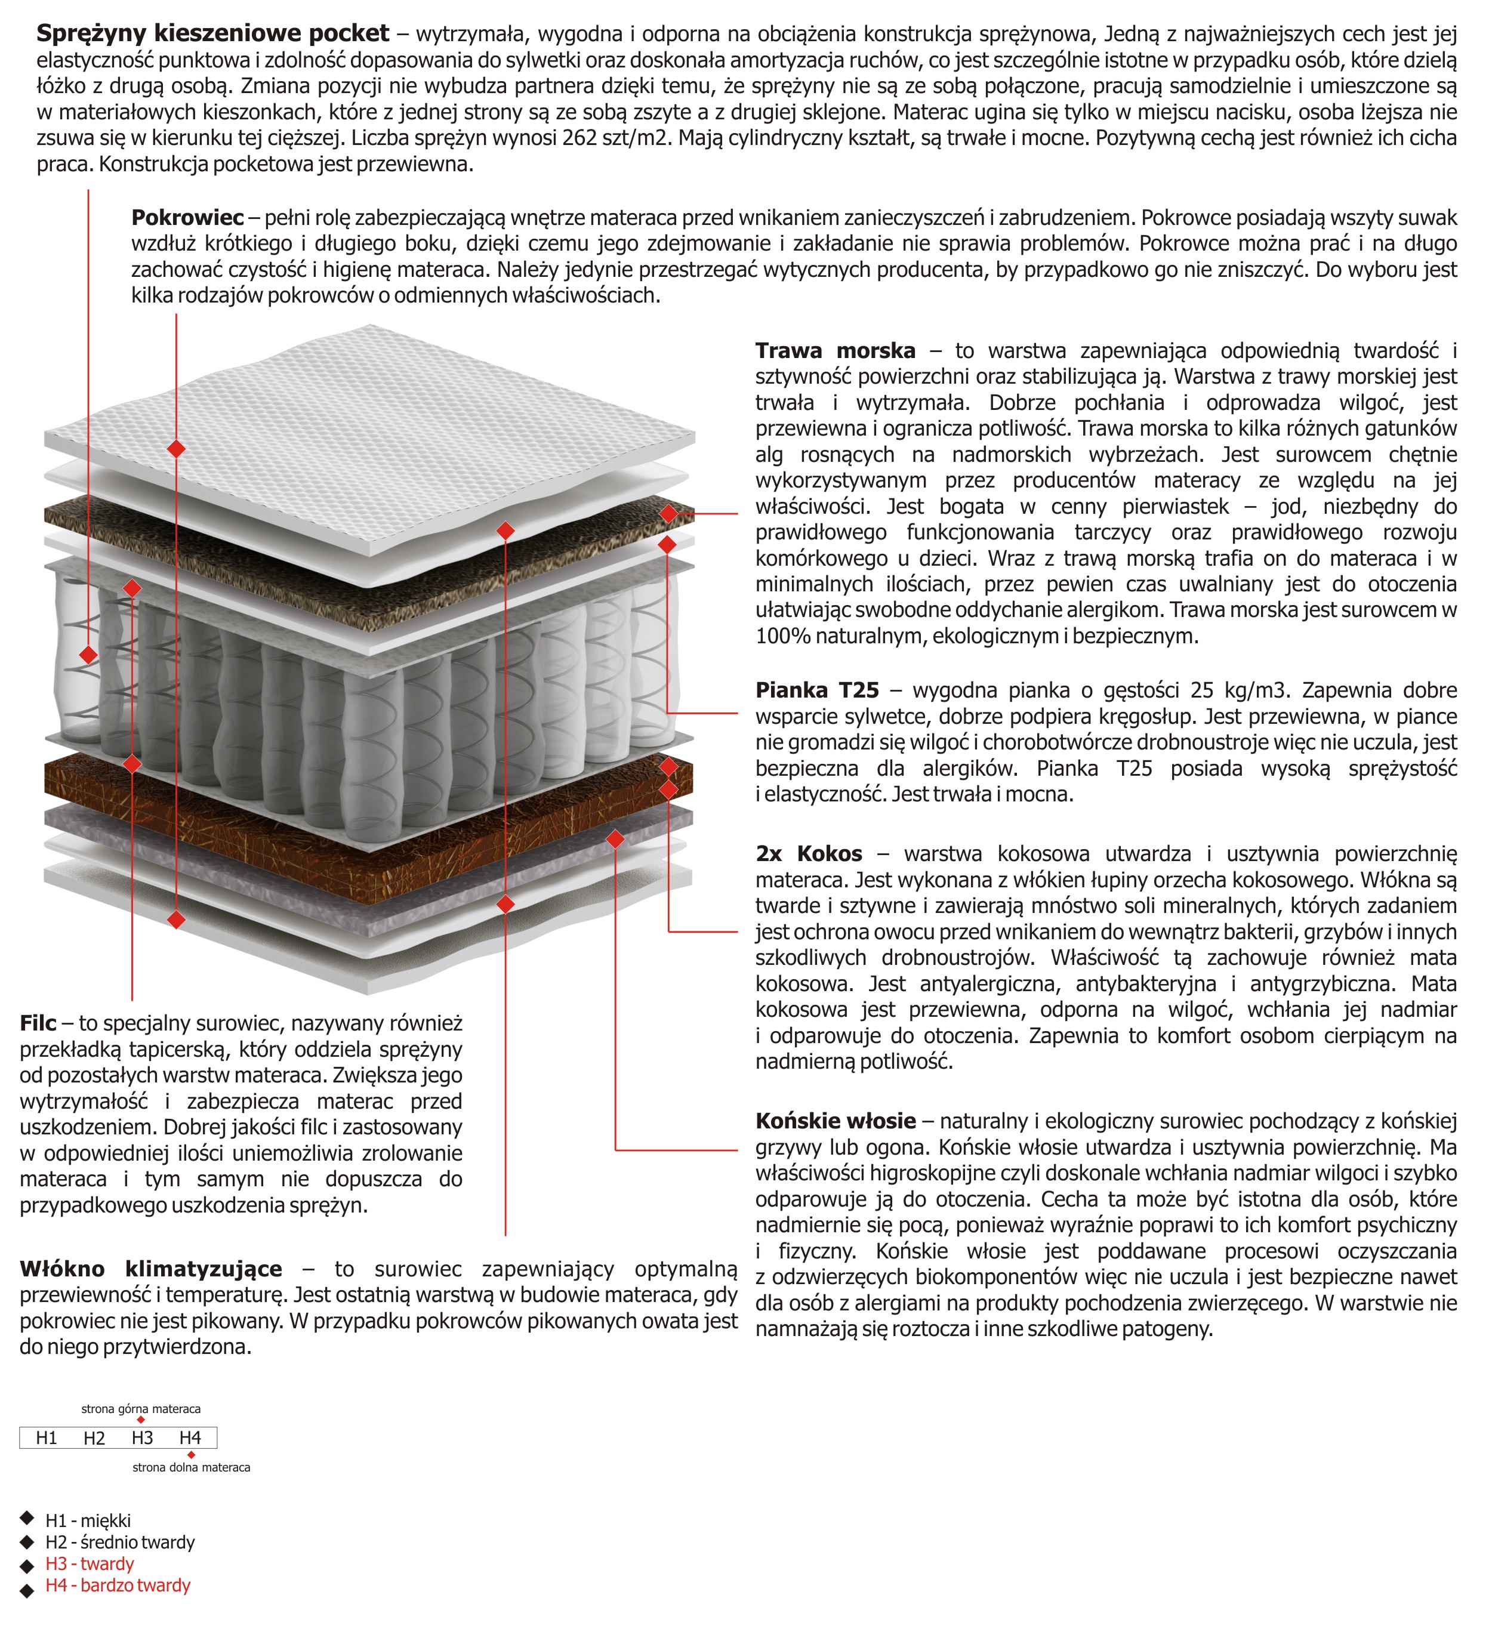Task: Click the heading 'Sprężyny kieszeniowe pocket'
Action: coord(213,33)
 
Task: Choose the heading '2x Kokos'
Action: coord(809,854)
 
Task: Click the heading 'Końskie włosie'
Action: coord(836,1121)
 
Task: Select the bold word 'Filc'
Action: coord(38,1023)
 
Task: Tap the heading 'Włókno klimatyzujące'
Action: coord(151,1269)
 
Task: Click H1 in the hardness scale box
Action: coord(47,1438)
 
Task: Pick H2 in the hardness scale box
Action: coord(94,1438)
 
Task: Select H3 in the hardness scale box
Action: coord(142,1438)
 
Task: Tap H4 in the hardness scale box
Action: coord(190,1438)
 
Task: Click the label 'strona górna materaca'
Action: coord(141,1409)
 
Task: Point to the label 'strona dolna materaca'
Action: coord(191,1467)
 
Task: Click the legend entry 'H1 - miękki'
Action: coord(88,1521)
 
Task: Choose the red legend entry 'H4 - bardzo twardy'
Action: coord(118,1585)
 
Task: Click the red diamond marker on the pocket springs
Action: coord(88,654)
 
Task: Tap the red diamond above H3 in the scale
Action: coord(141,1420)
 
